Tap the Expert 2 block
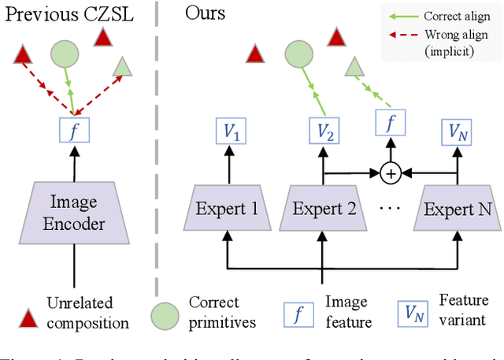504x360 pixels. tap(324, 209)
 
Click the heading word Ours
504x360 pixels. tap(206, 13)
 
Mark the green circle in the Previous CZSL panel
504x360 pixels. tap(65, 54)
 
